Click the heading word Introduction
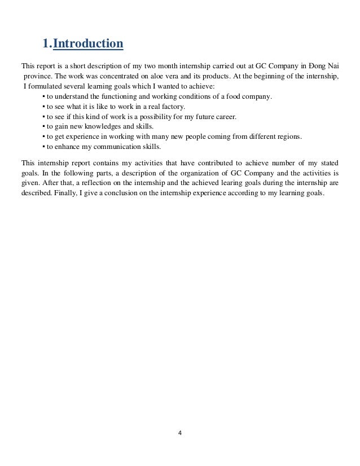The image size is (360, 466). tap(88, 43)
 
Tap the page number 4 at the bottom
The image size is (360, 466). tap(179, 434)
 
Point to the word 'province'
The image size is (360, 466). tap(37, 76)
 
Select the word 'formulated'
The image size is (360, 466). tap(43, 86)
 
